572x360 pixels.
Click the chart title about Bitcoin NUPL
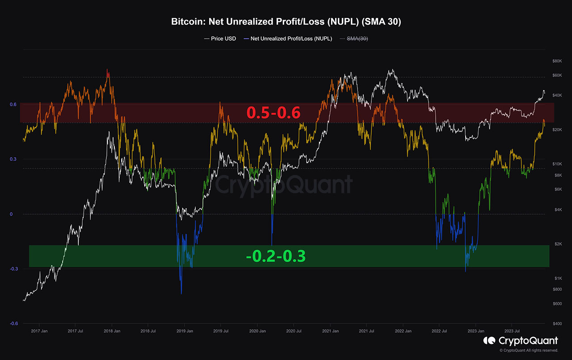[x=286, y=22]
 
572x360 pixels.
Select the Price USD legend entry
[x=220, y=39]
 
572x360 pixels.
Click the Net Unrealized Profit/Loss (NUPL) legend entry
[x=288, y=39]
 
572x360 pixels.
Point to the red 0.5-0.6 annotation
[x=273, y=113]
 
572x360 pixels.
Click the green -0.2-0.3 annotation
[x=276, y=256]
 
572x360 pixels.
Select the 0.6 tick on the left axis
[x=13, y=105]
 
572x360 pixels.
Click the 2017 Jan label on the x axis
[x=39, y=331]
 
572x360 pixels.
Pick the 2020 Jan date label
[x=257, y=331]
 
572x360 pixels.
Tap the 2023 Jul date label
[x=512, y=331]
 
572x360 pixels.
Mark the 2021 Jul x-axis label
[x=366, y=331]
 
